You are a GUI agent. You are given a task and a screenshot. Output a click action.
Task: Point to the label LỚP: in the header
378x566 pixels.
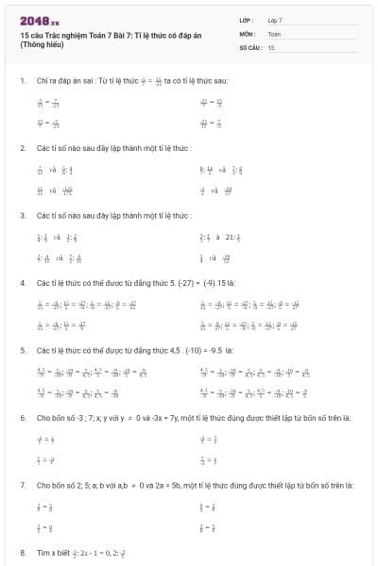click(247, 20)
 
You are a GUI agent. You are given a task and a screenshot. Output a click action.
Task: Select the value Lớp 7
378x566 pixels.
click(275, 20)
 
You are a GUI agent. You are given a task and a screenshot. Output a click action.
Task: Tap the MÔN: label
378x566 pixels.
click(248, 33)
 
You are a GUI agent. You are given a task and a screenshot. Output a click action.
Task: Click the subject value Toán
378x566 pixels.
click(274, 33)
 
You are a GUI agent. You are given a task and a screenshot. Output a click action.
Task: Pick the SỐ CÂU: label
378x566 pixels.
click(250, 46)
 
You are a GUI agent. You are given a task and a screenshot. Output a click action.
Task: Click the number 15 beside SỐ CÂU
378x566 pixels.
click(271, 46)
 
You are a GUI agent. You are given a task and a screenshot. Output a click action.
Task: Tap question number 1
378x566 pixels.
click(22, 81)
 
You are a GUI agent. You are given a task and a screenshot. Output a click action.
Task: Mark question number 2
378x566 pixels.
click(22, 148)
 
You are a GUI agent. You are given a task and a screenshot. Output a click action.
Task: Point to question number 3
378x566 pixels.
click(22, 215)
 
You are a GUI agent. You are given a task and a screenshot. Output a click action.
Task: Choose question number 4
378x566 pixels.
click(22, 282)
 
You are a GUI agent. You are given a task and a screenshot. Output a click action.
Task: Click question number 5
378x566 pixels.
click(22, 349)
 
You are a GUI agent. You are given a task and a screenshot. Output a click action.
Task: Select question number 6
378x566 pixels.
click(22, 416)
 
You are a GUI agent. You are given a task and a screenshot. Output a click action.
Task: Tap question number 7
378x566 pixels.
click(22, 484)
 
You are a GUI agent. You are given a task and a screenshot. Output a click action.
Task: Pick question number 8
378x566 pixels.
click(22, 551)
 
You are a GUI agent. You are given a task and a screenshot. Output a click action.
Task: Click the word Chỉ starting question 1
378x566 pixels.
click(42, 81)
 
